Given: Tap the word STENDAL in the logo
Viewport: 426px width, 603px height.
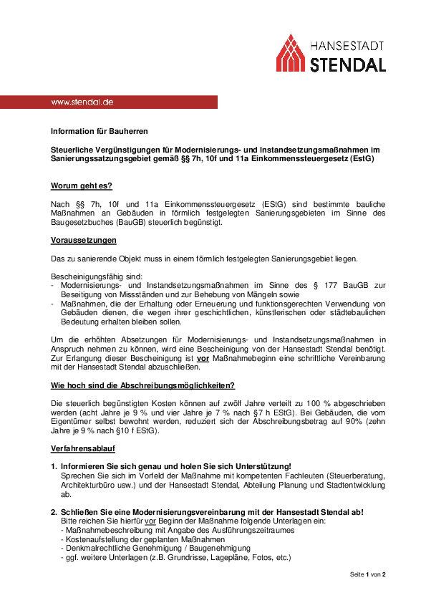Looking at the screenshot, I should pos(348,64).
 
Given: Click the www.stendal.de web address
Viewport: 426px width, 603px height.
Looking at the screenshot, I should pos(82,102).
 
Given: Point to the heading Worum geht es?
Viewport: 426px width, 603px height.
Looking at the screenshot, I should pos(81,185).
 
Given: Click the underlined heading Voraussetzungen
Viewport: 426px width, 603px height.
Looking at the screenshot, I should pos(84,240).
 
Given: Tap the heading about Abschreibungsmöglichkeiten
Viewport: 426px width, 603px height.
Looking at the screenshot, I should pos(142,385).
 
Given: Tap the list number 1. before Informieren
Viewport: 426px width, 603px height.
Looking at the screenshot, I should pos(54,466).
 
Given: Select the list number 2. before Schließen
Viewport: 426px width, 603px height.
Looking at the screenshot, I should pos(54,511).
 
